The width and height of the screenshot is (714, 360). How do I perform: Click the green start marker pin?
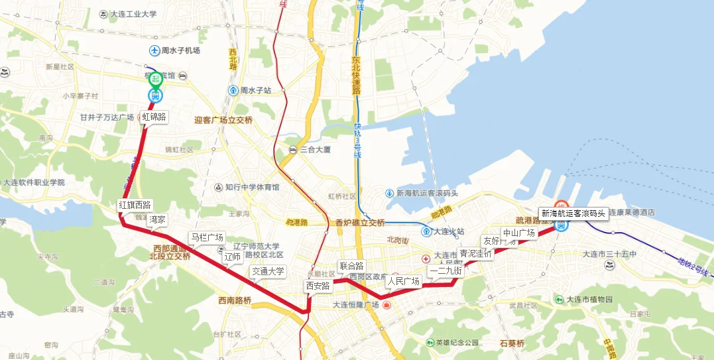click(x=155, y=80)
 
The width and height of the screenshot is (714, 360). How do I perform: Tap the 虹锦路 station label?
click(x=154, y=117)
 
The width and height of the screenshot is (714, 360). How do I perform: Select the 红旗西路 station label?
click(x=135, y=204)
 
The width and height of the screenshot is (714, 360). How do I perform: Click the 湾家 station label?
click(x=158, y=219)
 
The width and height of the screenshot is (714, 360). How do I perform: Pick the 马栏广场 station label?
click(x=207, y=237)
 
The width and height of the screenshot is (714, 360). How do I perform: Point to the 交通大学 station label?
click(x=268, y=271)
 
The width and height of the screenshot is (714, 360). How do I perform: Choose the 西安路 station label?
click(x=318, y=286)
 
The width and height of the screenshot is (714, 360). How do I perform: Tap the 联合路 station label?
click(x=351, y=266)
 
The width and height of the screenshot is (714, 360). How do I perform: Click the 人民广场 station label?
click(x=404, y=281)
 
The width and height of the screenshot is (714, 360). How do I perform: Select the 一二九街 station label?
click(x=446, y=270)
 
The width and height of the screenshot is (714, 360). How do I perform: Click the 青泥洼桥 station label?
click(x=476, y=253)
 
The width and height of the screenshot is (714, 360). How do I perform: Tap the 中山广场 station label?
click(x=518, y=233)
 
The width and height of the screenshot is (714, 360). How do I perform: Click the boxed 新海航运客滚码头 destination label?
click(x=573, y=213)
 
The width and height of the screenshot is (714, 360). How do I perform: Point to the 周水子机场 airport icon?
click(x=154, y=50)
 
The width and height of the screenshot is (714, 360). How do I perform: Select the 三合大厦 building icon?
click(x=292, y=149)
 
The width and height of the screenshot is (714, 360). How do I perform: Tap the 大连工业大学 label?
click(x=133, y=14)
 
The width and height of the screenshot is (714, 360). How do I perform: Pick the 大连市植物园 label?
click(x=589, y=300)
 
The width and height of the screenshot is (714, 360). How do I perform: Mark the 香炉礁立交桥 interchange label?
click(x=360, y=223)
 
